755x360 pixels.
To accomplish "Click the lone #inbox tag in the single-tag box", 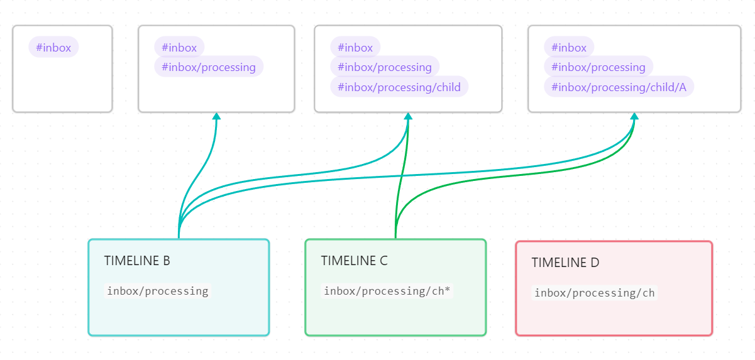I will (x=53, y=47).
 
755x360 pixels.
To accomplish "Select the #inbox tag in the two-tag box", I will (x=179, y=47).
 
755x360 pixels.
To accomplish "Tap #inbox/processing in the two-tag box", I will (x=209, y=67).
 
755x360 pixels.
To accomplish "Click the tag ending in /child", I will (x=399, y=87).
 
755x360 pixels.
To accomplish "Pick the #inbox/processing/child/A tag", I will (x=619, y=87).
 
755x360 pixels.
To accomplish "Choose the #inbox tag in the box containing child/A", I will (x=569, y=47).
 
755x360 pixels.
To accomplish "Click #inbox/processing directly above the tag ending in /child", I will (x=385, y=67).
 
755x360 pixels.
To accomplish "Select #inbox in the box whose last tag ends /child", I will (x=355, y=47).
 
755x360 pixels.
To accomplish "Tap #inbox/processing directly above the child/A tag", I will (x=598, y=67).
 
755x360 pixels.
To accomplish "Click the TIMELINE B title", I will (x=137, y=261).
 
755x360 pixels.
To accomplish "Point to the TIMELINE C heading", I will (x=354, y=261).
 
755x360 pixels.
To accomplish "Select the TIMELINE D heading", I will (x=565, y=263).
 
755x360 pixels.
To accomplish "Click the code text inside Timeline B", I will (x=157, y=291).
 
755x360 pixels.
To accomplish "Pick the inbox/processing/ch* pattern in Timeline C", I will (x=387, y=291).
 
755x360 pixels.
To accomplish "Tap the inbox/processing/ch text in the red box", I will (x=594, y=293).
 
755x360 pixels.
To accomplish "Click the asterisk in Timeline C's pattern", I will (x=447, y=290).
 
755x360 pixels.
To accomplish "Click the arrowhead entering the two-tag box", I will (x=216, y=116).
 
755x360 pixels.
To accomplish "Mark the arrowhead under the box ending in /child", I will (x=408, y=116).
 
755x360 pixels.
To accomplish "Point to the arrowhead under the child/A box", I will (x=634, y=116).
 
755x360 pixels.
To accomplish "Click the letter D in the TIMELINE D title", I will (x=595, y=263).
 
